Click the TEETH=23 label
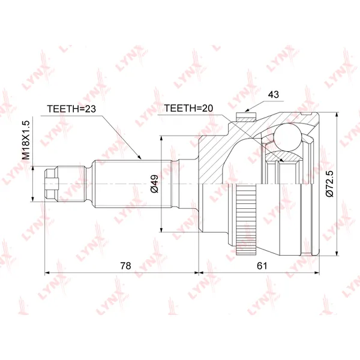click(x=71, y=109)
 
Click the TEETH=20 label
click(x=188, y=108)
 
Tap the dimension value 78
click(x=125, y=266)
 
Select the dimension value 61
click(x=262, y=266)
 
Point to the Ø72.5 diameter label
click(x=329, y=184)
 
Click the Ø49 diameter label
click(x=155, y=184)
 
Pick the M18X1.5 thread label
click(x=26, y=140)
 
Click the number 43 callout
click(x=273, y=94)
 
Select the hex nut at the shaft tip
click(x=52, y=184)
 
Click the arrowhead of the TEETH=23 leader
click(x=140, y=158)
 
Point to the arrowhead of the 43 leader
click(x=247, y=110)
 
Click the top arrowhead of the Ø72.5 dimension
click(x=337, y=115)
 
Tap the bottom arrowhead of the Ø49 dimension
click(x=161, y=229)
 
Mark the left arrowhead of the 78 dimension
click(x=47, y=272)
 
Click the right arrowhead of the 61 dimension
click(x=317, y=272)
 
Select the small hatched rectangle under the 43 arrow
click(x=246, y=116)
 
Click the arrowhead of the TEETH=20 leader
click(x=281, y=161)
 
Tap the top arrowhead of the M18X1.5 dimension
click(x=33, y=169)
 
